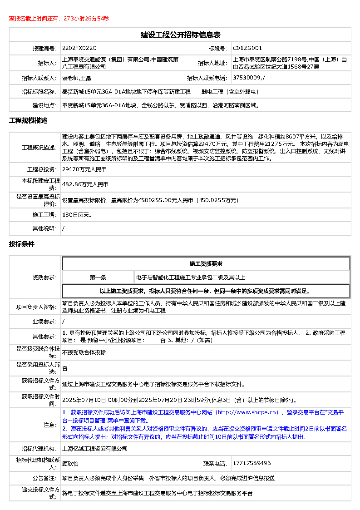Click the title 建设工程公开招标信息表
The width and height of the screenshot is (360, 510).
180,35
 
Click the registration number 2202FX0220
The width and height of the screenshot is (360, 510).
79,48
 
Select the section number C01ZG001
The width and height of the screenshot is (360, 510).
247,48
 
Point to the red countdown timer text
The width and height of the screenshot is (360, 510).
59,19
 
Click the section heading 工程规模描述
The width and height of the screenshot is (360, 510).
28,121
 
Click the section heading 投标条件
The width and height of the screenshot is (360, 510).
22,244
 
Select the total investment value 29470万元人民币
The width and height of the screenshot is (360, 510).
84,169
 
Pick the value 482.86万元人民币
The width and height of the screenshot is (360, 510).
85,184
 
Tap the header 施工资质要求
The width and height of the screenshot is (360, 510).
206,263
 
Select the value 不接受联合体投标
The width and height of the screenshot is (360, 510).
84,352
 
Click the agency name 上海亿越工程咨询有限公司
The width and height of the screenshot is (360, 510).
95,449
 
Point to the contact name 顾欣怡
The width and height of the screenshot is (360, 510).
70,464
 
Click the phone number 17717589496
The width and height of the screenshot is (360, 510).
252,463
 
